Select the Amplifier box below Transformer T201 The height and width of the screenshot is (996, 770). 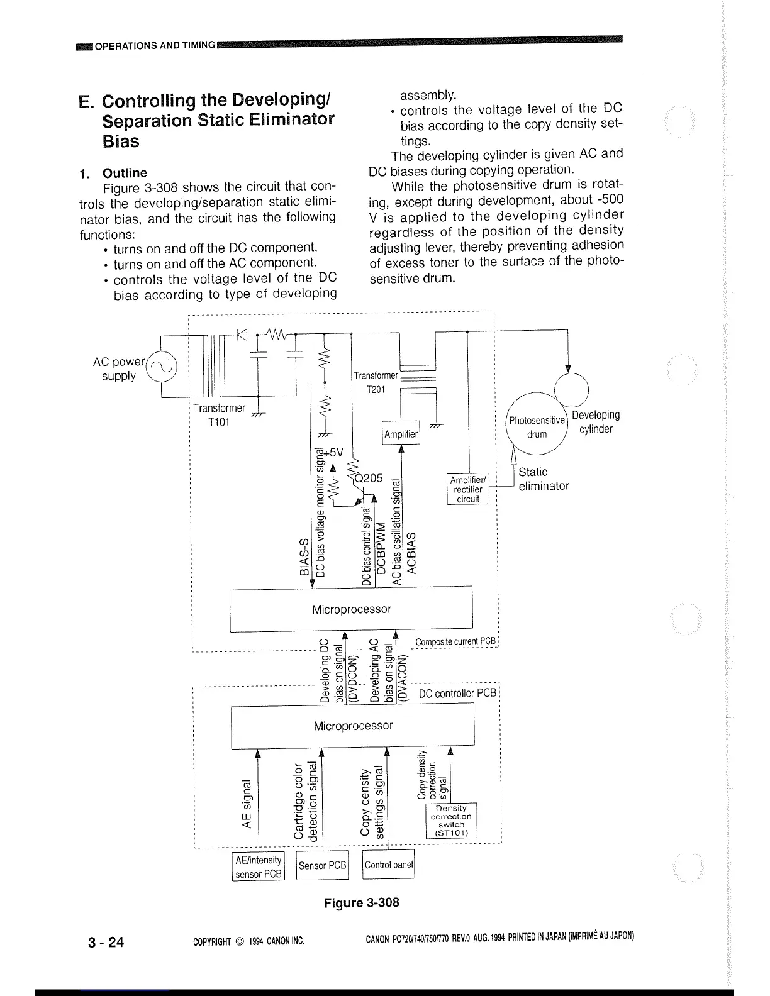(401, 433)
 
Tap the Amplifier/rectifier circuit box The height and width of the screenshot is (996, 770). (468, 489)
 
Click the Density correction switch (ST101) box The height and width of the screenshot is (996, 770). (451, 821)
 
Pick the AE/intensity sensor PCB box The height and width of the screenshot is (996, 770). (258, 866)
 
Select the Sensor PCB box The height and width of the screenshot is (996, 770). (322, 866)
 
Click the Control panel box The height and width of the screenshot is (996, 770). (388, 865)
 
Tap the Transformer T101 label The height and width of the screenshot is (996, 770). (219, 415)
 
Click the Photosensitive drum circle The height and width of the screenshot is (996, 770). (537, 426)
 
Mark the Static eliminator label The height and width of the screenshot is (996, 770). (543, 479)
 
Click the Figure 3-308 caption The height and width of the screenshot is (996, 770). (361, 903)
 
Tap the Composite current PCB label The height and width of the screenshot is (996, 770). (455, 642)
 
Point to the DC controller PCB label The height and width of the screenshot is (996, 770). (457, 694)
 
